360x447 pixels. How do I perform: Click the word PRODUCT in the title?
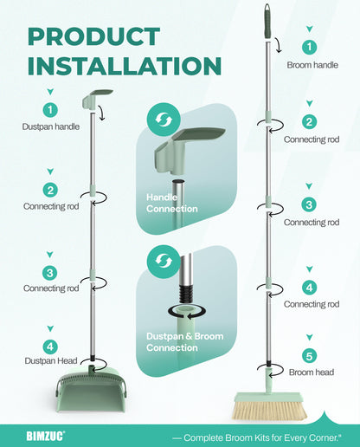(94, 36)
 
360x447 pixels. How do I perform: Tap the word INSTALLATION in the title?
(125, 66)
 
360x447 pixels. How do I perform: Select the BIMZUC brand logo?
(46, 436)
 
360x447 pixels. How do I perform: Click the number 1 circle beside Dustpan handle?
(50, 110)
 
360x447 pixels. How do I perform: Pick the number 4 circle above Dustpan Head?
(50, 347)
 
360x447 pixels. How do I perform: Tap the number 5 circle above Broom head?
(309, 356)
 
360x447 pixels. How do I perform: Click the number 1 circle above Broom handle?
(309, 47)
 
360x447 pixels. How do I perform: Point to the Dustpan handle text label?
(51, 126)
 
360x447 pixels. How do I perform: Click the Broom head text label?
(312, 372)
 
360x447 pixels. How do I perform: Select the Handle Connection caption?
(172, 203)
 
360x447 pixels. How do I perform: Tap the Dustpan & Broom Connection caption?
(185, 342)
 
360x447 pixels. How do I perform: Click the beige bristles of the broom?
(269, 410)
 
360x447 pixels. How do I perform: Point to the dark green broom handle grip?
(268, 21)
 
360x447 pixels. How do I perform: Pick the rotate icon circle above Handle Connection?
(164, 120)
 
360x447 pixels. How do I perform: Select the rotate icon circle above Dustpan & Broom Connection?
(164, 262)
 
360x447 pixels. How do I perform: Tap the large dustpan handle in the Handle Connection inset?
(188, 151)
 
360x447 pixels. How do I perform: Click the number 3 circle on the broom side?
(309, 204)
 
